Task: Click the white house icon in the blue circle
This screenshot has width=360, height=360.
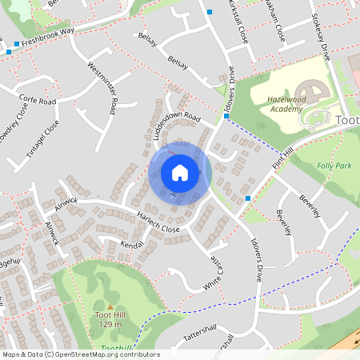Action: point(180,172)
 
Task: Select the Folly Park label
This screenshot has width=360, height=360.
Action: point(334,166)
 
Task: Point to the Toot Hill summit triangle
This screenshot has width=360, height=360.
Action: point(110,306)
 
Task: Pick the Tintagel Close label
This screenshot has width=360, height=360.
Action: point(47,138)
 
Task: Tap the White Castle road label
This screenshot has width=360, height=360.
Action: point(212,272)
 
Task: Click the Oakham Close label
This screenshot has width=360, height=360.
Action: point(277,26)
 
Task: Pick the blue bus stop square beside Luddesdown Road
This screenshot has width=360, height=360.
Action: point(226,116)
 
